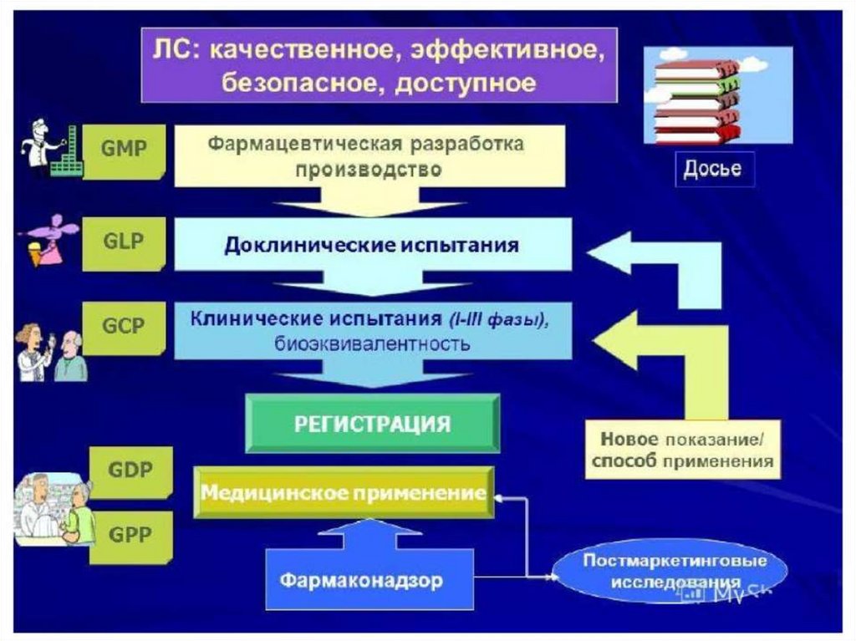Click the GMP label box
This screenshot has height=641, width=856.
124,150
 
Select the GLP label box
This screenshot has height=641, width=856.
124,242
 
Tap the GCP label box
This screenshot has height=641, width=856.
124,328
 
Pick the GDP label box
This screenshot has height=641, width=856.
130,471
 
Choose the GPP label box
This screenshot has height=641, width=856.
130,536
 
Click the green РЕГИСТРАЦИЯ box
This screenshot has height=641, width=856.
372,424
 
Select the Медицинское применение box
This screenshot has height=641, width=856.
343,492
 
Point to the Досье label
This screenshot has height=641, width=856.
712,169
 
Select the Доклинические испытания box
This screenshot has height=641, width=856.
371,246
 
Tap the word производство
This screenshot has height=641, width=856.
367,170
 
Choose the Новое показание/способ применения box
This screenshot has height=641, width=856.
682,450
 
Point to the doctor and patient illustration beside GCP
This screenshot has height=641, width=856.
50,351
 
